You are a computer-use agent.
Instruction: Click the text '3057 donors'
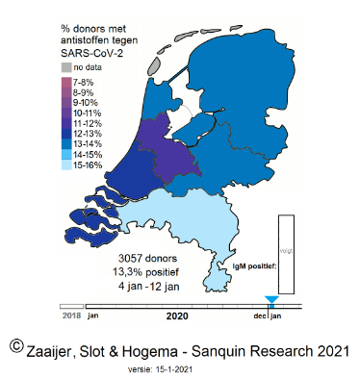click(x=145, y=259)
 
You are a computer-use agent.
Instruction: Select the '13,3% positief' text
click(x=145, y=271)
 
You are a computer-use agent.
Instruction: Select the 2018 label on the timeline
click(x=71, y=315)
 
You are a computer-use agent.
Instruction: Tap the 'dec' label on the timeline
click(x=260, y=315)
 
